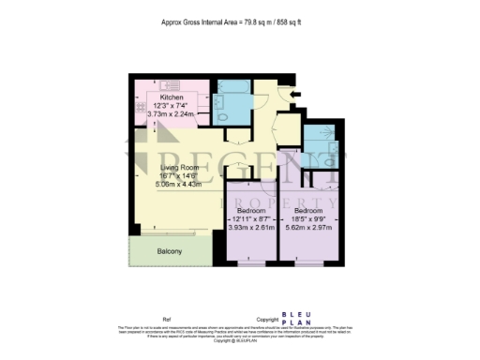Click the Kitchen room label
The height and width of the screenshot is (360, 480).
[171, 97]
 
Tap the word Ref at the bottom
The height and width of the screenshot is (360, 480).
[168, 318]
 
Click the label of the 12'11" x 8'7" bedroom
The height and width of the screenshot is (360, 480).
[250, 210]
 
